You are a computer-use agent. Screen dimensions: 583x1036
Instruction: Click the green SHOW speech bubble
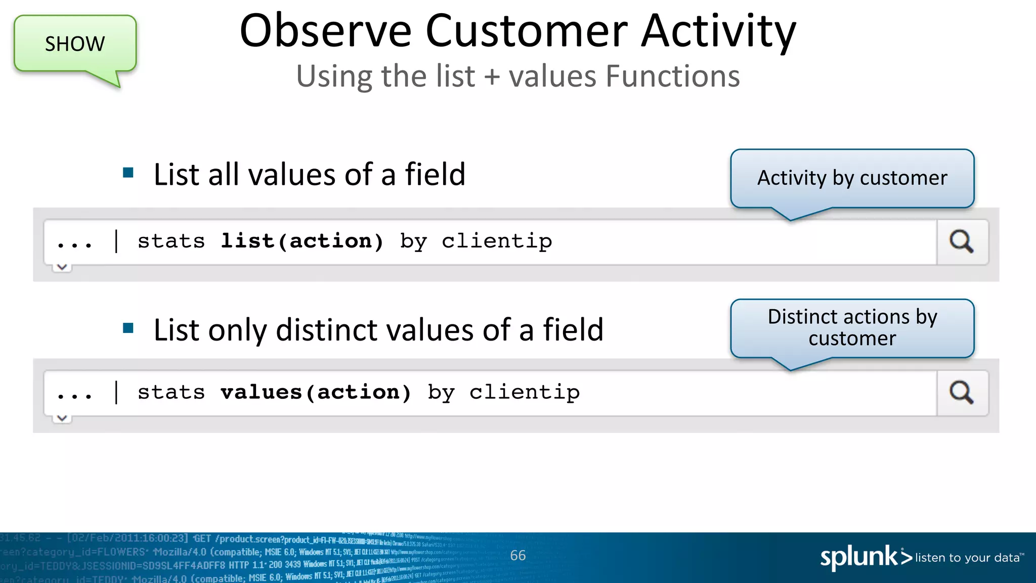coord(75,44)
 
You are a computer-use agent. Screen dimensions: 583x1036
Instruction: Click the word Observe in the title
coord(325,31)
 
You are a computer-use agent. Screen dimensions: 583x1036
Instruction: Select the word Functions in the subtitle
coord(673,76)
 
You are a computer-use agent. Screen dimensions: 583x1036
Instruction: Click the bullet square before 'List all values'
coord(128,173)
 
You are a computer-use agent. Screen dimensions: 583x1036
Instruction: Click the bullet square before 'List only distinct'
coord(128,328)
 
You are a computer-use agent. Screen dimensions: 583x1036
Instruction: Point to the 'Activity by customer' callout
coord(852,178)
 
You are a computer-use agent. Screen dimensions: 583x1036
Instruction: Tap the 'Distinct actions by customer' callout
coord(852,327)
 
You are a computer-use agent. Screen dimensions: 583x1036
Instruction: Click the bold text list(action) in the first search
coord(302,241)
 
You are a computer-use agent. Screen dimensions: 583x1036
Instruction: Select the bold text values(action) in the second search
coord(316,392)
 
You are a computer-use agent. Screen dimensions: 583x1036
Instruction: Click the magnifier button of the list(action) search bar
coord(962,241)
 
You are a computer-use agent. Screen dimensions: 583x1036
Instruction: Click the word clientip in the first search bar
coord(497,241)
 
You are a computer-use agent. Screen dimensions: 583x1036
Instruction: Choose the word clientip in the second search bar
coord(525,393)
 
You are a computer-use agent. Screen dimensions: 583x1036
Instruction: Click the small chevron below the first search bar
coord(62,267)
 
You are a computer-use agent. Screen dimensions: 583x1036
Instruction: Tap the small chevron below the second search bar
coord(62,418)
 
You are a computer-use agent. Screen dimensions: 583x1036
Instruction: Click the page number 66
coord(517,556)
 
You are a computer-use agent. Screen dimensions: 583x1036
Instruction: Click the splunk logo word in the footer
coord(858,557)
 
